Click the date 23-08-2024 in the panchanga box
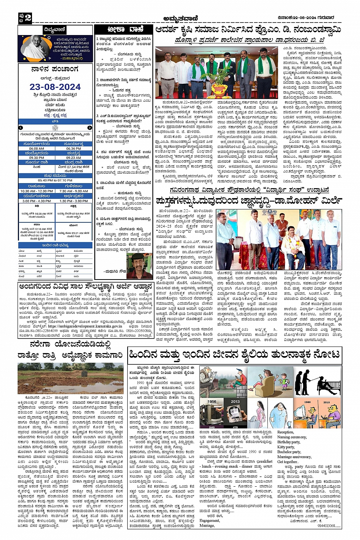(55, 87)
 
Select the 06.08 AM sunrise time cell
(37, 149)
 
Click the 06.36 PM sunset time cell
(74, 149)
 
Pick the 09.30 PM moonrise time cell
(37, 158)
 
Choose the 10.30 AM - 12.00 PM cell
(37, 191)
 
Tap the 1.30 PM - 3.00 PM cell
(74, 201)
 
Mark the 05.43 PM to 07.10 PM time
(55, 181)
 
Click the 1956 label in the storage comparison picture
(212, 402)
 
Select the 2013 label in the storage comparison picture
(235, 401)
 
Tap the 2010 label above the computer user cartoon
(326, 402)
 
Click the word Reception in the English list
(285, 432)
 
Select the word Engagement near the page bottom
(210, 521)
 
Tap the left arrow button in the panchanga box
(21, 128)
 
